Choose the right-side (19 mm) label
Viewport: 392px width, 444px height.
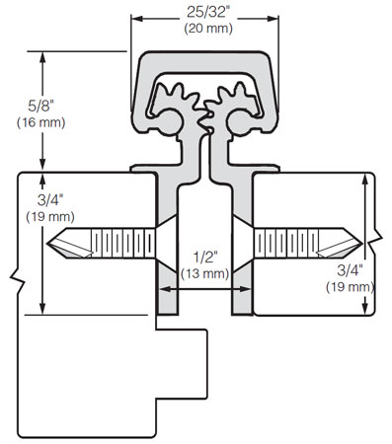(351, 286)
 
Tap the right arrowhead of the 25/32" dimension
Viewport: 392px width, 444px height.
(271, 19)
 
